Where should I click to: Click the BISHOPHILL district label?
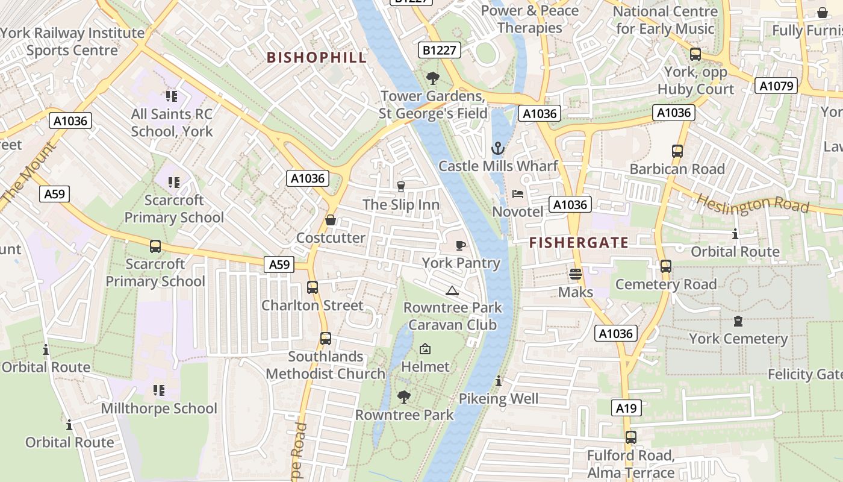pyautogui.click(x=316, y=57)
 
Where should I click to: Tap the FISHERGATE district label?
pyautogui.click(x=579, y=243)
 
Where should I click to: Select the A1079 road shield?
pyautogui.click(x=777, y=86)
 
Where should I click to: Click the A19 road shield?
pyautogui.click(x=626, y=408)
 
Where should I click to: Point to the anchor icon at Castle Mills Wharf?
pyautogui.click(x=497, y=148)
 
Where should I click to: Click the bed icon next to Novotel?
pyautogui.click(x=517, y=194)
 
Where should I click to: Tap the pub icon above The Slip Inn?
pyautogui.click(x=401, y=186)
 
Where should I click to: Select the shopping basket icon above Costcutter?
pyautogui.click(x=331, y=220)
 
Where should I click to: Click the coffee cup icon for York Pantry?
pyautogui.click(x=461, y=245)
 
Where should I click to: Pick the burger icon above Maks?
pyautogui.click(x=576, y=274)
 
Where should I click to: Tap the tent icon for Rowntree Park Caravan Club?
pyautogui.click(x=452, y=291)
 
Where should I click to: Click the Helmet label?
pyautogui.click(x=425, y=366)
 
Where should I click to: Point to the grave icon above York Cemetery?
pyautogui.click(x=738, y=321)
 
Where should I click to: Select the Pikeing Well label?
pyautogui.click(x=499, y=398)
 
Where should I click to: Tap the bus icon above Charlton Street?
pyautogui.click(x=312, y=287)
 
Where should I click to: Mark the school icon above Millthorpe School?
pyautogui.click(x=159, y=390)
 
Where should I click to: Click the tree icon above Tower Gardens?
pyautogui.click(x=432, y=78)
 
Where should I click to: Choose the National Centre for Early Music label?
pyautogui.click(x=665, y=20)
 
